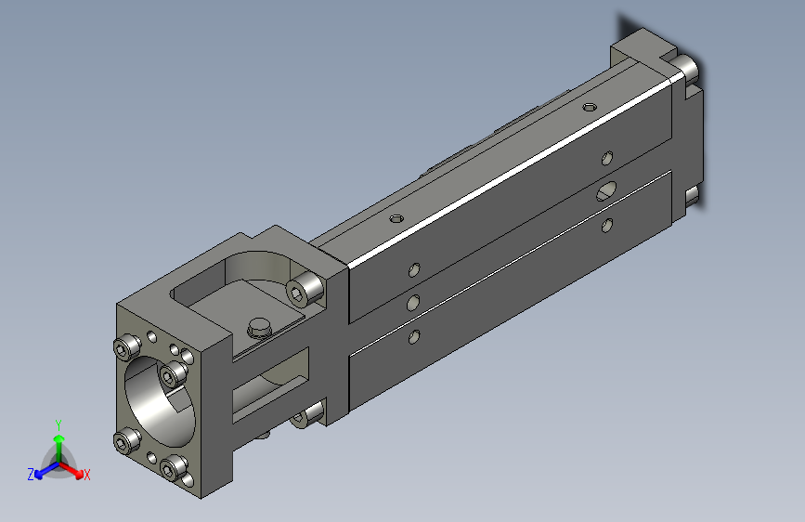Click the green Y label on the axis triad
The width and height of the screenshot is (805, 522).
(x=58, y=424)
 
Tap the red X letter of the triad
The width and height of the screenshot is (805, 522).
(x=86, y=476)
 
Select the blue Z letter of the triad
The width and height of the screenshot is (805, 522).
(x=31, y=474)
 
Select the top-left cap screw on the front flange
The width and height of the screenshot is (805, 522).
(x=125, y=348)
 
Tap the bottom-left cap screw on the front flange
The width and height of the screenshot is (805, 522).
(x=125, y=445)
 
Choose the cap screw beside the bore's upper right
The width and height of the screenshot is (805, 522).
(x=170, y=374)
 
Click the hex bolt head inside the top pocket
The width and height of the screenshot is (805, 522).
(x=259, y=326)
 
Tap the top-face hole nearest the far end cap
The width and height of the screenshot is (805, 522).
(x=587, y=106)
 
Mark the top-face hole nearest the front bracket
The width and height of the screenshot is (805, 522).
(x=396, y=219)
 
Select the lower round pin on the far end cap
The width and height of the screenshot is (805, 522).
(x=692, y=196)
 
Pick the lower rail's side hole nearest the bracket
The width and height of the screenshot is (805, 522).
(x=414, y=337)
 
